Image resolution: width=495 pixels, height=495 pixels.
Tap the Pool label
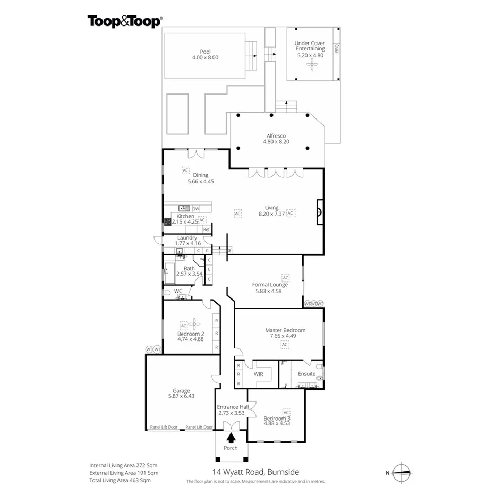coord(205,52)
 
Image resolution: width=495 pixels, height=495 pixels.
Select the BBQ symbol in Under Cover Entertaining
coord(336,49)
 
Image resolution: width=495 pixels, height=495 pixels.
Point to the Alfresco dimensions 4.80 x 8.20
coord(276,142)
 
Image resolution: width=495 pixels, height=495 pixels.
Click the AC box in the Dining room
coord(185,170)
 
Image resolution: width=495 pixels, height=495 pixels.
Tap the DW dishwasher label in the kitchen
coord(195,209)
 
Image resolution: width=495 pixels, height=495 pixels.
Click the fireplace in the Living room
coord(319,212)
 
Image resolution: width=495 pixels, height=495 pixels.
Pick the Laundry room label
coord(187,238)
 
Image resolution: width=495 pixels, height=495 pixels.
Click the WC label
coord(178,291)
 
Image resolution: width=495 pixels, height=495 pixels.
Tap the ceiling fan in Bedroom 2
coord(194,325)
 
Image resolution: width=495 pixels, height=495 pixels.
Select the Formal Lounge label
coord(270,285)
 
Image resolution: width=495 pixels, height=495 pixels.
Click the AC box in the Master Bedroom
coord(285,345)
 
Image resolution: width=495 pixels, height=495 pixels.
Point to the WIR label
coord(259,374)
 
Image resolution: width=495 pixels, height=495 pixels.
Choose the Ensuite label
coord(306,374)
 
